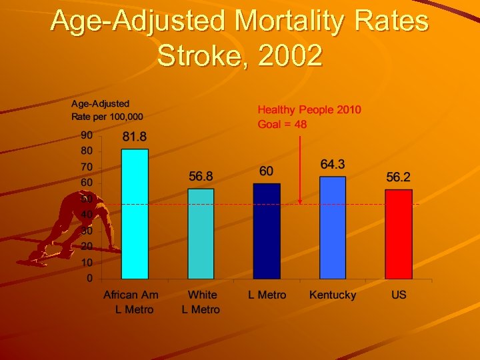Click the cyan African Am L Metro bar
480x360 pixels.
point(135,213)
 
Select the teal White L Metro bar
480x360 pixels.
point(201,233)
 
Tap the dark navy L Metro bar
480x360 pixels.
point(267,231)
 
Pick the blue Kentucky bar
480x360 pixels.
point(333,227)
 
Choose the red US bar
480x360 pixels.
point(398,234)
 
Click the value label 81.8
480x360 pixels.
point(135,137)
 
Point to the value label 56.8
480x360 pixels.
point(201,177)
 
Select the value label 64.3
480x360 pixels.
point(333,164)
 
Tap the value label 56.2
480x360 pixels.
point(398,177)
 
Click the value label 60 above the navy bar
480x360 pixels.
point(266,171)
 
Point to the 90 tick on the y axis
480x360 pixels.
point(87,135)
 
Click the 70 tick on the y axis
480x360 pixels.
point(87,167)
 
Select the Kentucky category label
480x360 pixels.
point(333,295)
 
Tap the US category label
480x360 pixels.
point(399,295)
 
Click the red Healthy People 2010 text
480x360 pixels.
point(309,109)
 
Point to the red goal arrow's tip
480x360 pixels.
point(300,202)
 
